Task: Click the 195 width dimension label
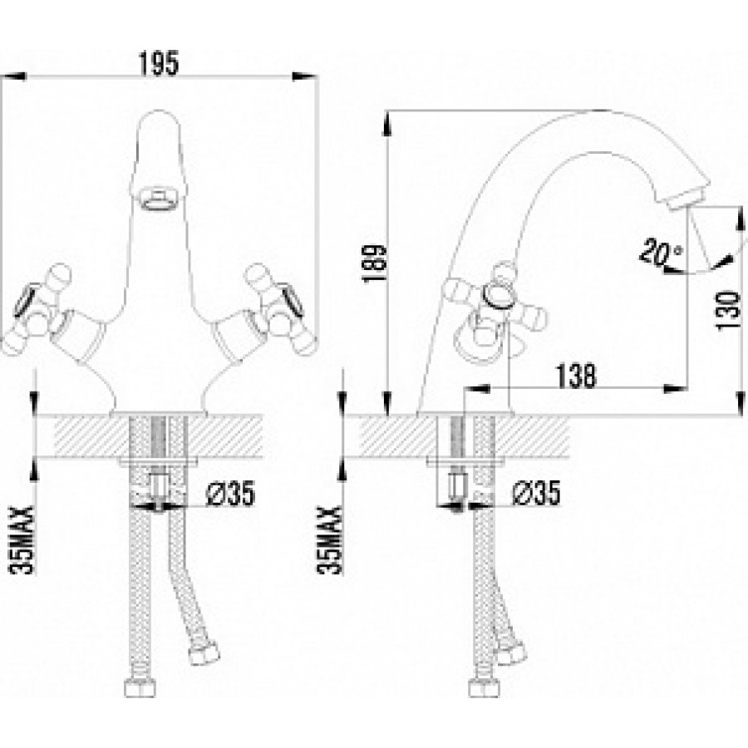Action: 159,63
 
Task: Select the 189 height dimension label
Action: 375,263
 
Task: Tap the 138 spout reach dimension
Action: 576,376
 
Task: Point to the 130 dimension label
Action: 727,311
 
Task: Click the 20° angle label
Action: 661,253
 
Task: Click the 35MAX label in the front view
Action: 22,539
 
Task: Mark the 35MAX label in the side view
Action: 329,539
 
